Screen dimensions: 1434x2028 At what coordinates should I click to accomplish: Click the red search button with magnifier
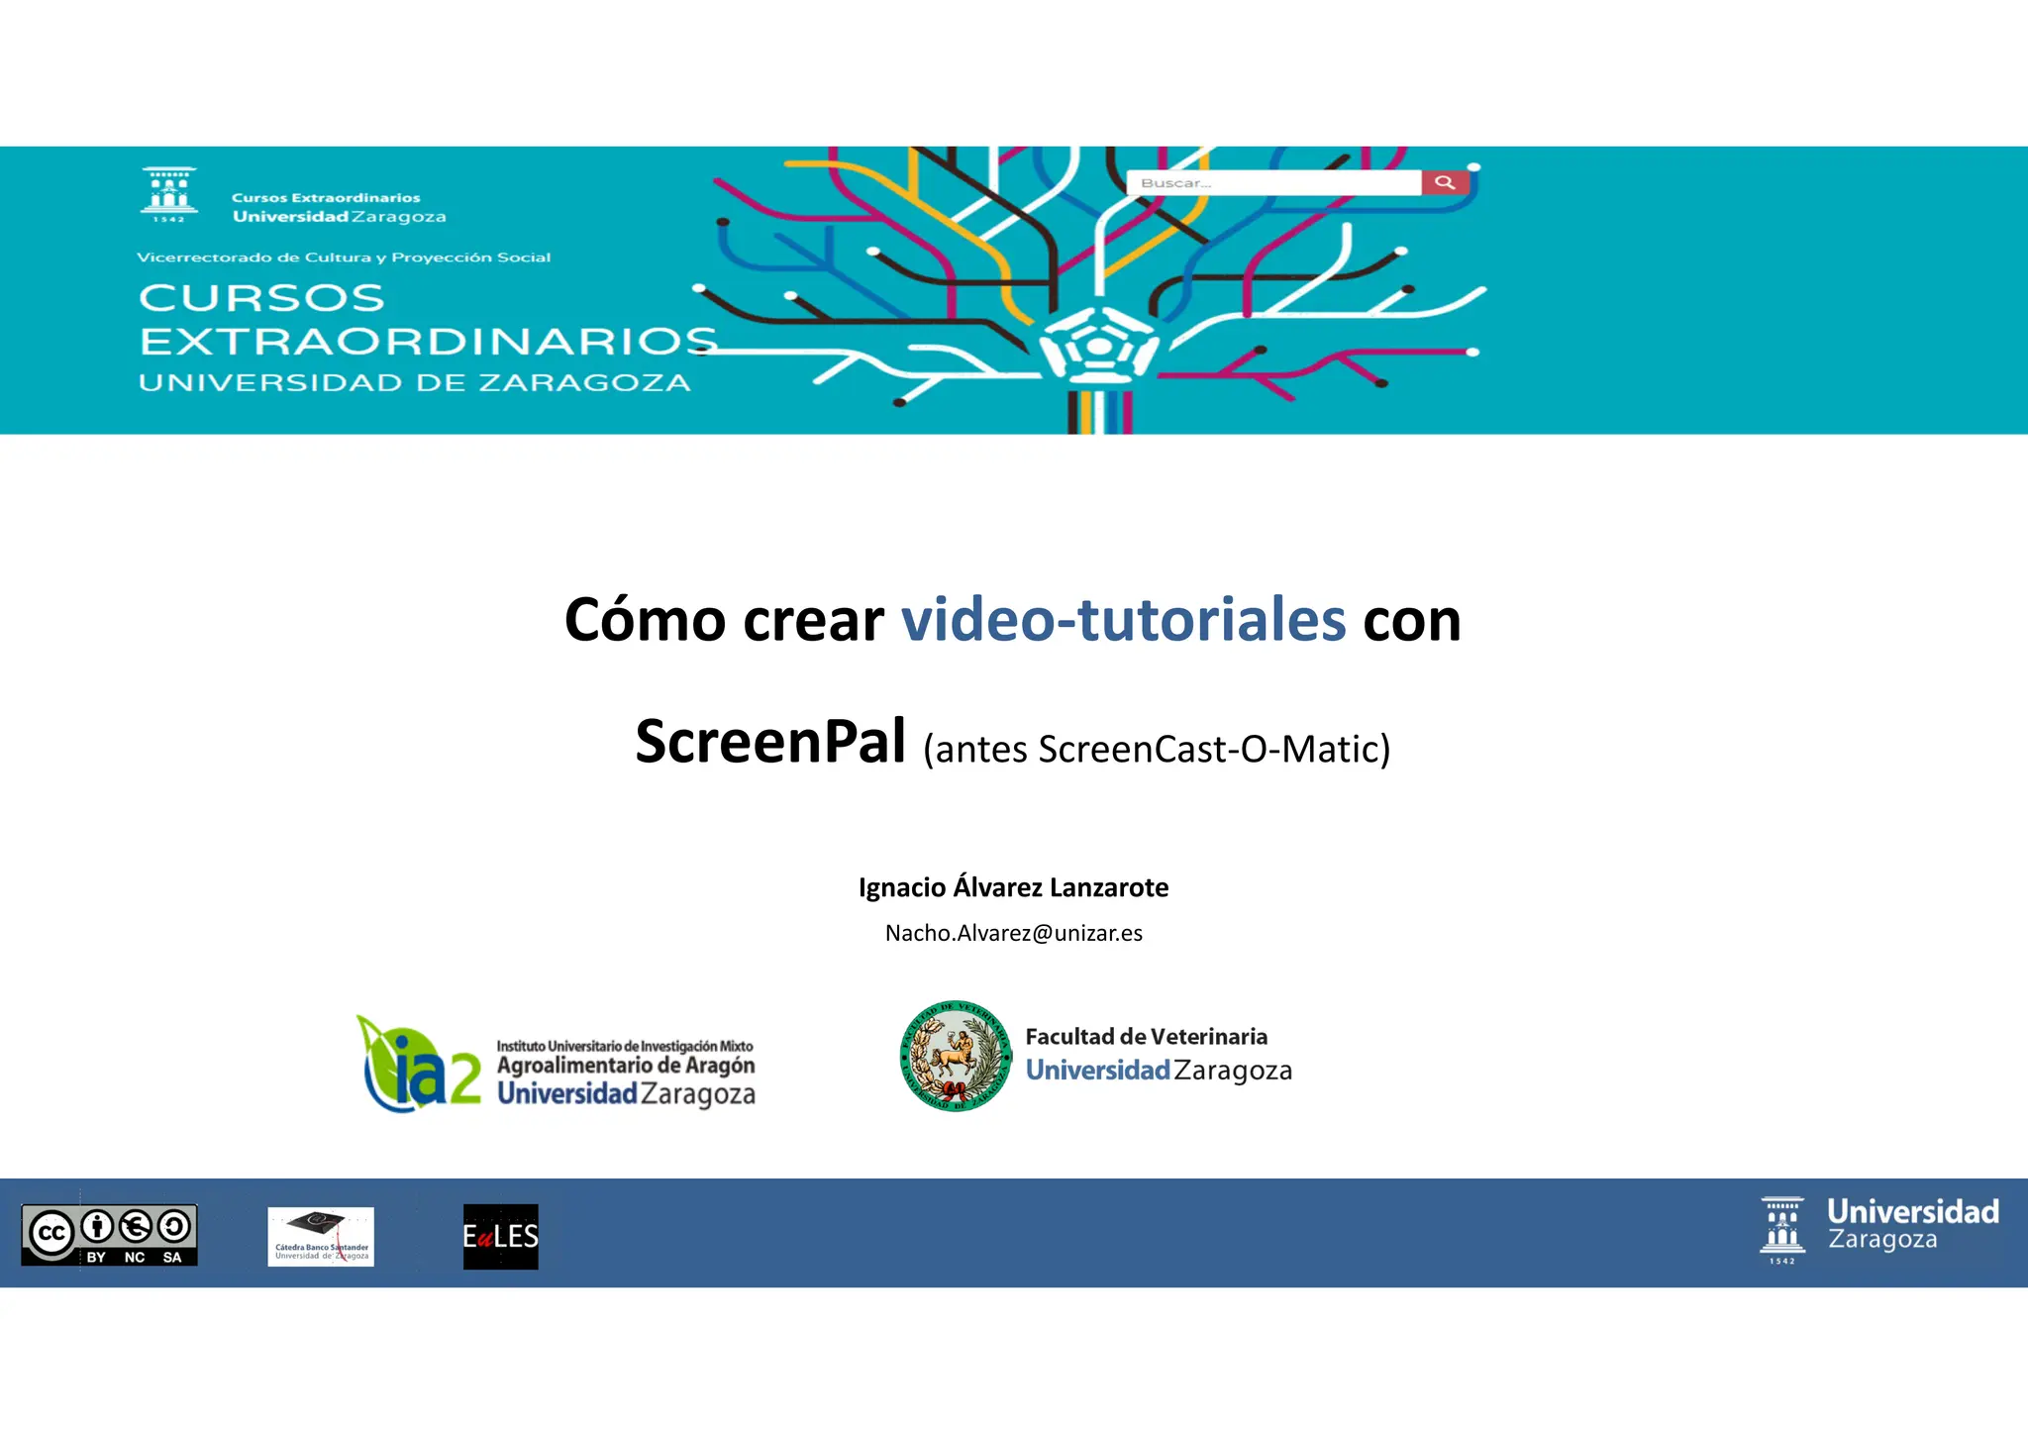(x=1445, y=182)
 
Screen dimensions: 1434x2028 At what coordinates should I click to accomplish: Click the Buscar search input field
(x=1273, y=183)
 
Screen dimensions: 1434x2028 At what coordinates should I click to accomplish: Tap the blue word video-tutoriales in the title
(x=1123, y=620)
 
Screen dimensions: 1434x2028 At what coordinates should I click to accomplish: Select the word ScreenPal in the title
(x=770, y=742)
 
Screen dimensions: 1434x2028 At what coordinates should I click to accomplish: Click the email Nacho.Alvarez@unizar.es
(x=1013, y=933)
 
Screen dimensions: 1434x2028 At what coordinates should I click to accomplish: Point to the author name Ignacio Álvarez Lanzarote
(x=1013, y=887)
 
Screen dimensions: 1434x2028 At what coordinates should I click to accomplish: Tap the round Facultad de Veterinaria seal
(x=955, y=1056)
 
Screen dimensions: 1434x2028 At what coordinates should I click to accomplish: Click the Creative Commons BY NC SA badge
(x=109, y=1234)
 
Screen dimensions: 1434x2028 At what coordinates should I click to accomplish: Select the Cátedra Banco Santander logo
(x=321, y=1236)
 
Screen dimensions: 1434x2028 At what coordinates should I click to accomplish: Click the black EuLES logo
(x=501, y=1236)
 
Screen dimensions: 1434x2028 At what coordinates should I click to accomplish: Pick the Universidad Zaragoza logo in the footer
(x=1879, y=1229)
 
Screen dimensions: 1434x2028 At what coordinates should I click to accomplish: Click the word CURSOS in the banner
(x=261, y=298)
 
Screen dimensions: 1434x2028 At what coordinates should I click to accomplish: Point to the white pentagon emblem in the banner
(x=1098, y=346)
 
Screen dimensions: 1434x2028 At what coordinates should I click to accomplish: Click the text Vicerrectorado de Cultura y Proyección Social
(x=344, y=257)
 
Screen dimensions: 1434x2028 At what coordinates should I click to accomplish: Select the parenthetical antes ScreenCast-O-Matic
(x=1157, y=750)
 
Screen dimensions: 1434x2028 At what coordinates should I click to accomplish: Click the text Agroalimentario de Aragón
(x=626, y=1066)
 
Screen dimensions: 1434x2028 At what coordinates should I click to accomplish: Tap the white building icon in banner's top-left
(x=169, y=194)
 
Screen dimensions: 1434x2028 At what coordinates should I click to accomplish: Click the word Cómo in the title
(x=645, y=620)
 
